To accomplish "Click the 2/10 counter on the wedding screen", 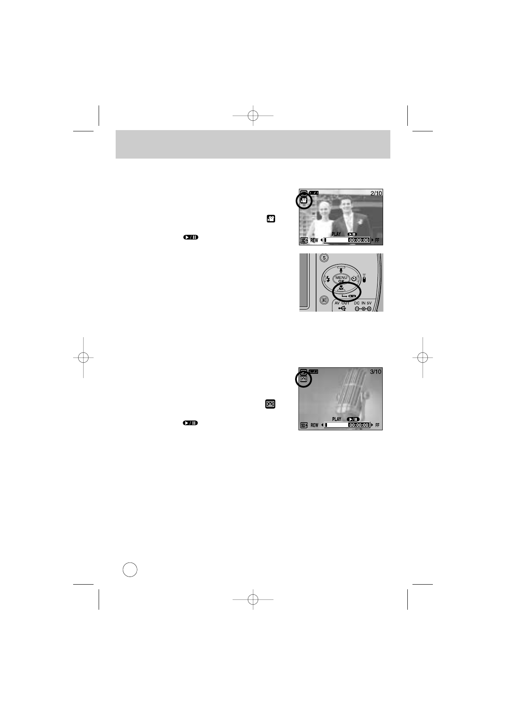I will click(376, 193).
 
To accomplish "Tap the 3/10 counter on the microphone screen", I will click(375, 372).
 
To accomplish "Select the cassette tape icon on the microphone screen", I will click(304, 379).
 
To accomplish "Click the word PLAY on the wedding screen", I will click(336, 234).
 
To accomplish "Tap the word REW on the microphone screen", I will click(314, 425).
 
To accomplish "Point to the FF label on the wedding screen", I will click(377, 241).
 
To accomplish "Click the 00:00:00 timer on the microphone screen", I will click(358, 425).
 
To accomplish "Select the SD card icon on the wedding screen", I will click(304, 241).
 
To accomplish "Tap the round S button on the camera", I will click(324, 258).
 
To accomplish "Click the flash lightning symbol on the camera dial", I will click(328, 279).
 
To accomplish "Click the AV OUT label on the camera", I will click(341, 303).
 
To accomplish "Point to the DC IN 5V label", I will click(363, 303).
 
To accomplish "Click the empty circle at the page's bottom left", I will click(130, 569).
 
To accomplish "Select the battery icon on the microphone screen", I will click(314, 371).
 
